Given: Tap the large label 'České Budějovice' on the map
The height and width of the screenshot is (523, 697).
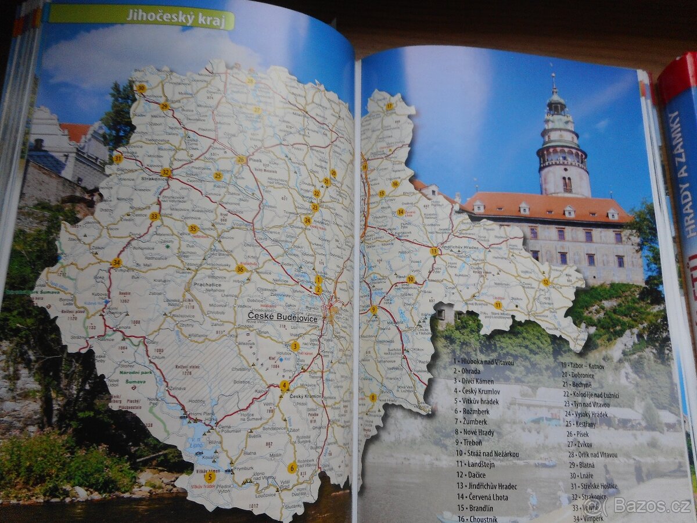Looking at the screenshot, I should tap(283, 317).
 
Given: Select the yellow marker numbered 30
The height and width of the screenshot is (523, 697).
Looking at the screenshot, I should tap(141, 88).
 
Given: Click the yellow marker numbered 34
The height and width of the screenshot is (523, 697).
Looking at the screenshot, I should tap(116, 263).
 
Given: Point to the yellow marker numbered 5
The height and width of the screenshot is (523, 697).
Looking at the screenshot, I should tap(210, 477).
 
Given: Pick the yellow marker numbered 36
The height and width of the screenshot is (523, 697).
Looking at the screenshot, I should tap(240, 268).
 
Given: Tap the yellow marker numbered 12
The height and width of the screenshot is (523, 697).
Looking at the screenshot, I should tap(545, 282).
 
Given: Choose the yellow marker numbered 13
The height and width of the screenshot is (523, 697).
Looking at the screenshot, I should tap(434, 252).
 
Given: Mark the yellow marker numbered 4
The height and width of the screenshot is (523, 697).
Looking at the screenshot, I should tap(284, 385).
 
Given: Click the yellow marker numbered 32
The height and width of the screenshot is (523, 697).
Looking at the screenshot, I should tap(166, 173).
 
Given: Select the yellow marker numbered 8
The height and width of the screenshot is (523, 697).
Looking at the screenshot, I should tap(373, 398).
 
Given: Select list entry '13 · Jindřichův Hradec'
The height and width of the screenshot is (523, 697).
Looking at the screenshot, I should tap(486, 486).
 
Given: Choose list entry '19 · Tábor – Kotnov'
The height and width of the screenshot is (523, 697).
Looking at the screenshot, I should tap(582, 366).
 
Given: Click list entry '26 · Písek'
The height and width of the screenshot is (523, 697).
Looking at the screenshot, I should tap(576, 434).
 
